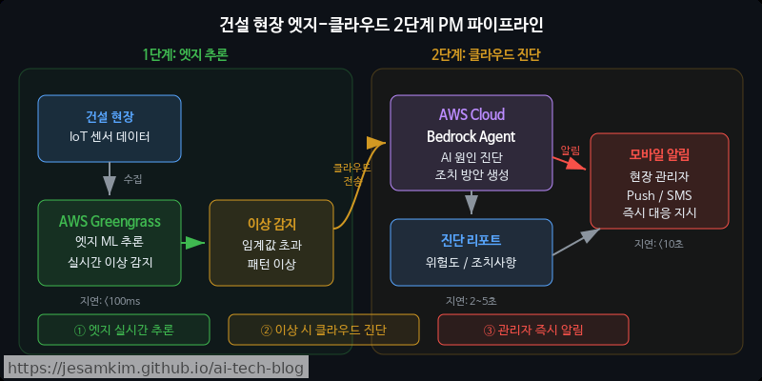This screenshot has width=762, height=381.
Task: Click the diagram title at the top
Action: (381, 23)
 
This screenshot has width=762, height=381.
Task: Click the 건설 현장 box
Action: (110, 128)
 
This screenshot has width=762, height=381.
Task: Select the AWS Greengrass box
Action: (110, 242)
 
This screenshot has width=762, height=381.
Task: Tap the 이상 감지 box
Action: (271, 242)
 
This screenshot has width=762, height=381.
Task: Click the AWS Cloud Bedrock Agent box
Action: (471, 143)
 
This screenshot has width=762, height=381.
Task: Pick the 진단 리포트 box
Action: (471, 251)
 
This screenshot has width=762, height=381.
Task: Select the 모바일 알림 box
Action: (659, 181)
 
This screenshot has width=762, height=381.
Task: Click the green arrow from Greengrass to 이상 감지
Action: (194, 242)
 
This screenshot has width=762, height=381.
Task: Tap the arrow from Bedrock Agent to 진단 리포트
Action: (471, 203)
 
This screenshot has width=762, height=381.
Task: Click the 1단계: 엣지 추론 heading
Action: (185, 54)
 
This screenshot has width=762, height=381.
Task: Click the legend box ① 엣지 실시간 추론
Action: (124, 330)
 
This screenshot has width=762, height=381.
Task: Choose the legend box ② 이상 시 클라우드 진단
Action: (324, 330)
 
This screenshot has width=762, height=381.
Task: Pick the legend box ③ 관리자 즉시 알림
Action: (533, 330)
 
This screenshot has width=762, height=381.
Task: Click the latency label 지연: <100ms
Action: (110, 301)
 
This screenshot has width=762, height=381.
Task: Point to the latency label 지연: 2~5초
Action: (471, 301)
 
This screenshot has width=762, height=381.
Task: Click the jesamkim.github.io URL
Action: (155, 368)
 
